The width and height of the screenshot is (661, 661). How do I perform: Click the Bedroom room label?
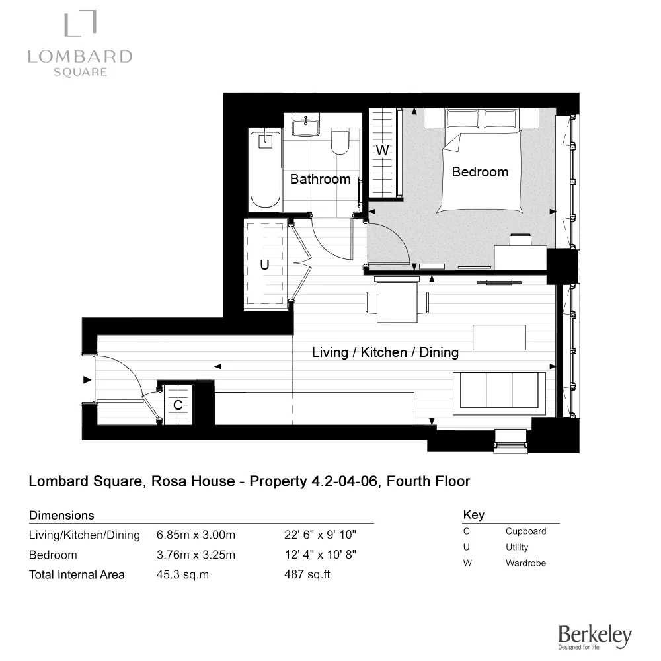tap(480, 172)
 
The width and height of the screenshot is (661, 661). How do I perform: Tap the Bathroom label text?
tap(320, 179)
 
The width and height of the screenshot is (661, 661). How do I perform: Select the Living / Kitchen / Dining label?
tap(385, 352)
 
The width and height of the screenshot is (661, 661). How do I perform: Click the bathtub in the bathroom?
tap(266, 169)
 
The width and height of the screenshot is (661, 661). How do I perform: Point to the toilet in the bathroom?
tap(340, 141)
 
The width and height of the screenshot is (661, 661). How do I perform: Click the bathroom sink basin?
tap(306, 124)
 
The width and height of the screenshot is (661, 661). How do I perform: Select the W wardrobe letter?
tap(383, 151)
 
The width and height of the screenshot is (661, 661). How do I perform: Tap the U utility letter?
tap(264, 265)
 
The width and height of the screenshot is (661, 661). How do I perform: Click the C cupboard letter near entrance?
tap(178, 405)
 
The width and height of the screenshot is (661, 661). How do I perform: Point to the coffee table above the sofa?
tap(499, 337)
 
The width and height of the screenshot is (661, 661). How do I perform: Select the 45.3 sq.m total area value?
tap(182, 574)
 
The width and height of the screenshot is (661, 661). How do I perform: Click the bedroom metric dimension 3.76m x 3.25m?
tap(196, 555)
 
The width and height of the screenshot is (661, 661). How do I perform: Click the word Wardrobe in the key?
tap(525, 563)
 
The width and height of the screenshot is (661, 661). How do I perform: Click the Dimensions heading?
tap(61, 515)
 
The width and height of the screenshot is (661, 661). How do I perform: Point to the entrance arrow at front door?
tap(87, 380)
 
